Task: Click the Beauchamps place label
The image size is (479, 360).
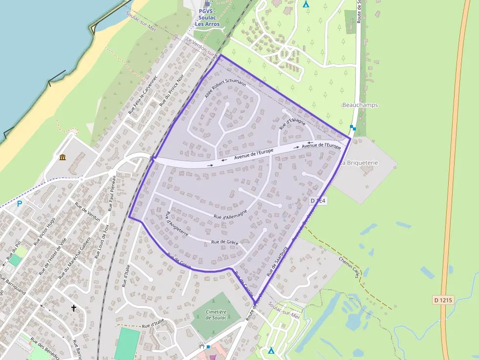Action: click(360, 105)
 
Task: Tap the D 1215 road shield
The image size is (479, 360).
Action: click(443, 298)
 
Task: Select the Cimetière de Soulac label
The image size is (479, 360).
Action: click(216, 315)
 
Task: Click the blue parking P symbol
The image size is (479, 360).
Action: click(20, 203)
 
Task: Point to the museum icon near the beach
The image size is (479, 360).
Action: click(63, 157)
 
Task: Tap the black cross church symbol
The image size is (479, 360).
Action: click(74, 308)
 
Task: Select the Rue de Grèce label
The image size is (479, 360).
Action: click(224, 242)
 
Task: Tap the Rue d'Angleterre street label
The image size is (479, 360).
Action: click(177, 224)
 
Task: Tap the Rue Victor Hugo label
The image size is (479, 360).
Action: click(44, 232)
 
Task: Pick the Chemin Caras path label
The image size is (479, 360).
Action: click(356, 268)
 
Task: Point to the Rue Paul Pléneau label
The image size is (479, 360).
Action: click(112, 193)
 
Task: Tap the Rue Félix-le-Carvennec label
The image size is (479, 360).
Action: click(143, 95)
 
